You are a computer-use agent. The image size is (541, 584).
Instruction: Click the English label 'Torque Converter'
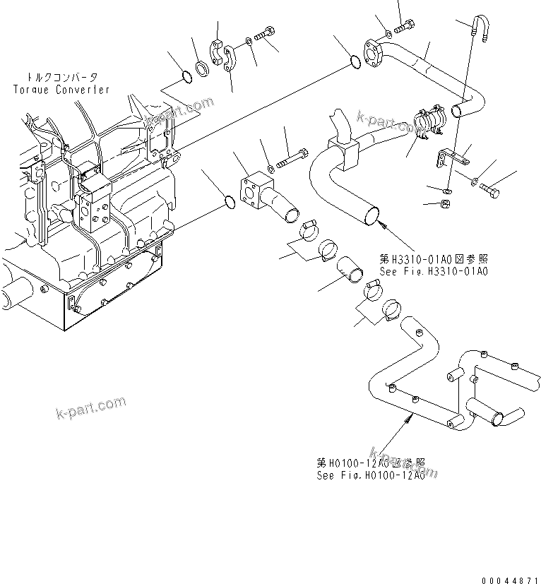61,90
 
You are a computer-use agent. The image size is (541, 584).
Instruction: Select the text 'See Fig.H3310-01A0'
432,271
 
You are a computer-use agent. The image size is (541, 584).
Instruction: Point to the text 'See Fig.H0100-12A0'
370,475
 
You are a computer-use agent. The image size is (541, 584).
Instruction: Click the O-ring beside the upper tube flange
357,65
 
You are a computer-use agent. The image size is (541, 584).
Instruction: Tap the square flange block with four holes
255,190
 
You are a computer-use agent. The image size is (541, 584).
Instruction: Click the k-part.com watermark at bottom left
90,407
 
